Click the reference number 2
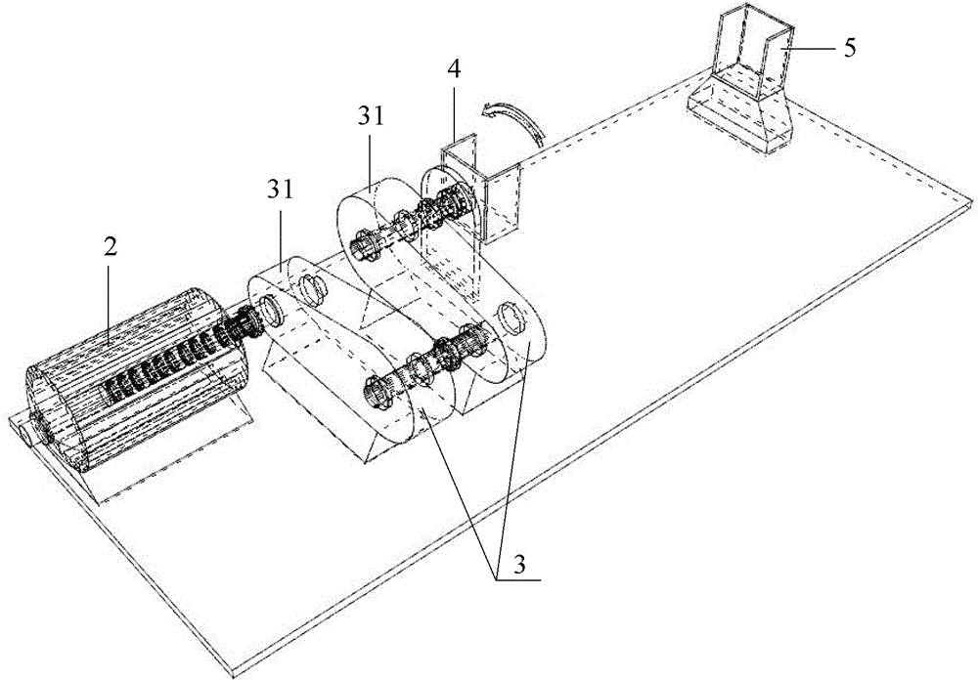[111, 248]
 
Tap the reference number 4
[455, 69]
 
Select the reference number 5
[850, 48]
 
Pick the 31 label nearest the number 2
[281, 191]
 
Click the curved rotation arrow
[513, 122]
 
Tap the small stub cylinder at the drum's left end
[24, 433]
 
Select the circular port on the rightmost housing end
[510, 319]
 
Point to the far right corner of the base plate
[972, 200]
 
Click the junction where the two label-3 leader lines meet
[495, 579]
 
